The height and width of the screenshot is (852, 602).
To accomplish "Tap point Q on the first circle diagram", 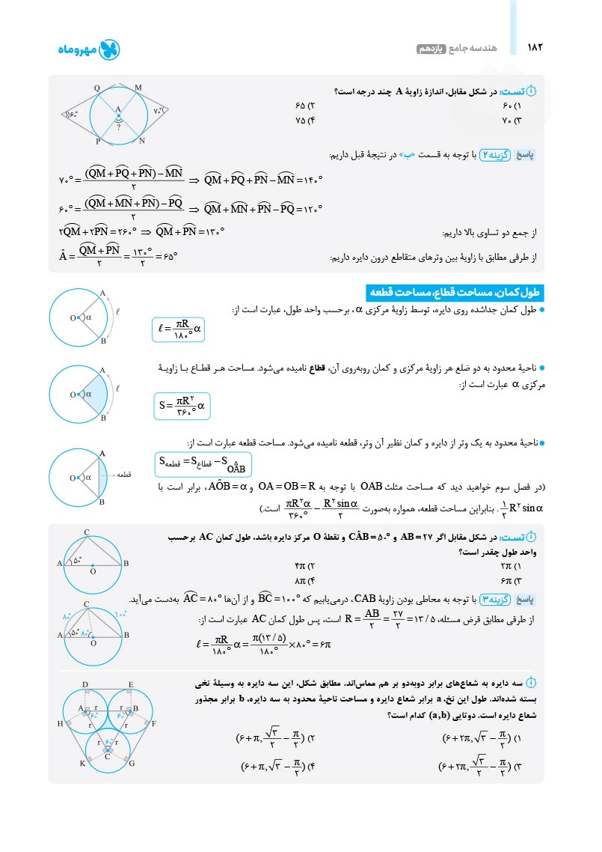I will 97,88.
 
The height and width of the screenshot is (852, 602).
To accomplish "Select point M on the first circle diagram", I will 138,88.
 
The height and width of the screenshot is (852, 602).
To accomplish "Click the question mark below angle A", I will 118,127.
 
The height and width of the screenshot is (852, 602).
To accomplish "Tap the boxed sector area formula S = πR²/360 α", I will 182,407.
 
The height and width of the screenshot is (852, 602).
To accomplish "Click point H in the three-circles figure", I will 60,724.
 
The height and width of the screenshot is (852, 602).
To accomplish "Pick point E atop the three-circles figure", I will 131,685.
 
